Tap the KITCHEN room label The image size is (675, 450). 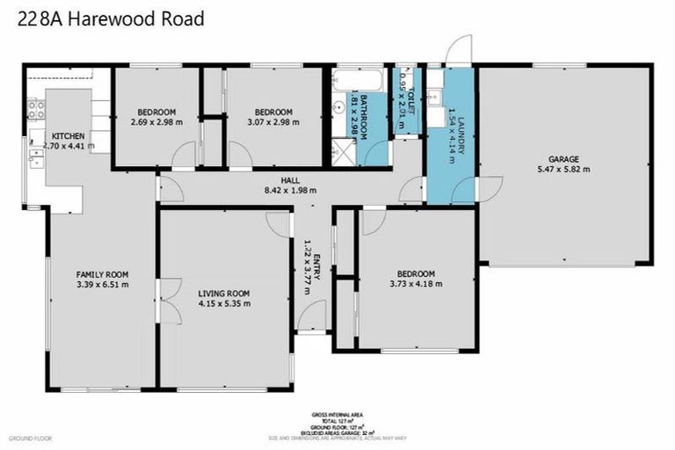click(x=68, y=135)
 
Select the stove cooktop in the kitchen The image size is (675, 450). click(x=38, y=110)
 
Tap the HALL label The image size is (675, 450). click(x=290, y=179)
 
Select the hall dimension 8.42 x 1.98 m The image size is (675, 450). click(x=290, y=190)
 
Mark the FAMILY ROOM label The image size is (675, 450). click(x=102, y=274)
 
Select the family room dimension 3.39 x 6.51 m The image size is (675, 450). click(x=102, y=285)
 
